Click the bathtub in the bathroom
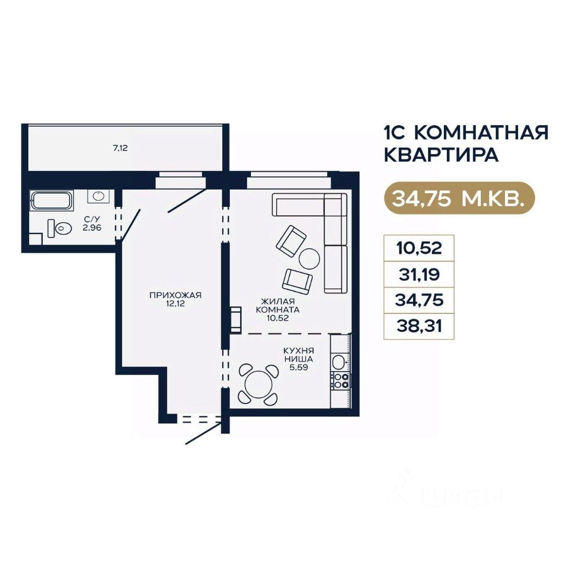[x=52, y=200]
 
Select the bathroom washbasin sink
[x=98, y=196]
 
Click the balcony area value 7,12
[x=120, y=148]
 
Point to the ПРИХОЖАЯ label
[x=175, y=295]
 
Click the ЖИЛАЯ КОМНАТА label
[x=277, y=306]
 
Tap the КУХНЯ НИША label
[x=299, y=355]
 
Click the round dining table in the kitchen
[x=258, y=385]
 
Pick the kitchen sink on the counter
[x=339, y=362]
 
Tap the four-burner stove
[x=340, y=381]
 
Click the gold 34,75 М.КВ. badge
[x=459, y=198]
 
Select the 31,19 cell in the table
[x=419, y=274]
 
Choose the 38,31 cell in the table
[x=419, y=327]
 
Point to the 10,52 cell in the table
[x=419, y=248]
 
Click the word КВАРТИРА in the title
[x=441, y=155]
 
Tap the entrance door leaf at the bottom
[x=204, y=433]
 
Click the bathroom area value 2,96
[x=92, y=228]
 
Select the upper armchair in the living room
[x=291, y=241]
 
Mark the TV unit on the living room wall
[x=236, y=319]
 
